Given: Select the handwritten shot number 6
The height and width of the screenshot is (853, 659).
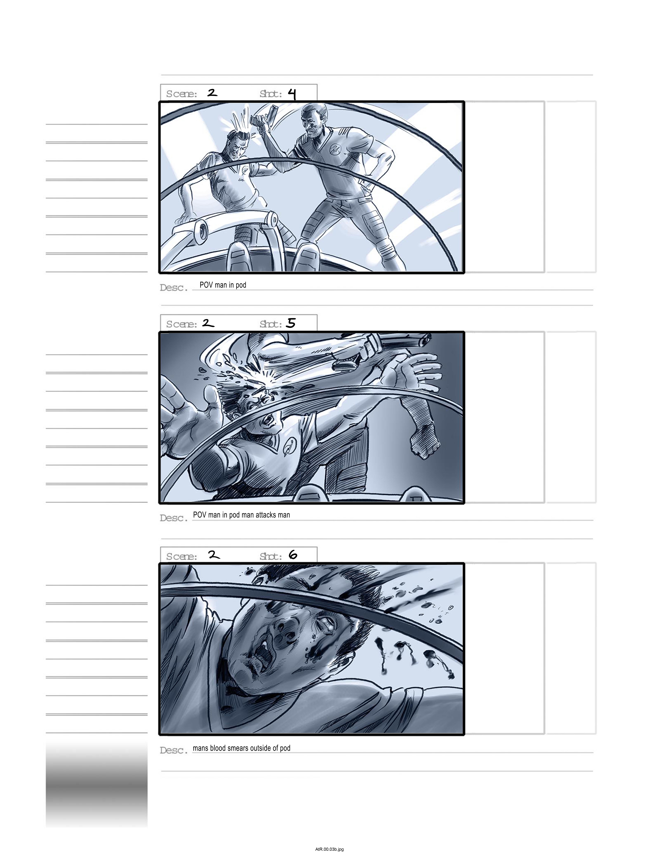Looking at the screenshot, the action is point(293,555).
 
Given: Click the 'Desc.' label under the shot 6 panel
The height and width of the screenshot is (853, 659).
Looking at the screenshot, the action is point(174,750).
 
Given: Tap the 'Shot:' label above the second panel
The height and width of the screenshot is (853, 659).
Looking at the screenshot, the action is point(271,324).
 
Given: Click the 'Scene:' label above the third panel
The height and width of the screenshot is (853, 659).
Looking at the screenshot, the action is point(182,556).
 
